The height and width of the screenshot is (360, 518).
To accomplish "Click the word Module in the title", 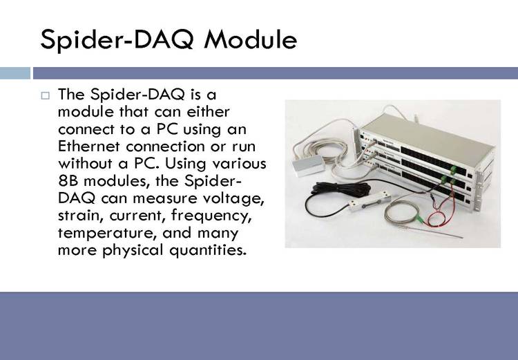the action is (251, 39).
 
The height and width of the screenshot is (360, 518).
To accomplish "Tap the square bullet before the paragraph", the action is (46, 95).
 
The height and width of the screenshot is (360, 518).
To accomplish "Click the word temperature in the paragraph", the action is (107, 233).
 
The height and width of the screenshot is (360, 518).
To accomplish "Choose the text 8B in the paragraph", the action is (68, 181).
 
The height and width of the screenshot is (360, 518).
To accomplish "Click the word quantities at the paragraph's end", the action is (208, 250).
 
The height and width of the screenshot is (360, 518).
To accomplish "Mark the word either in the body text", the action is (208, 112).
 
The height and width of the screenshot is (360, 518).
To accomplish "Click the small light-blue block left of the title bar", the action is (15, 73).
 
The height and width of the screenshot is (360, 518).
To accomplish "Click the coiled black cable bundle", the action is (342, 189).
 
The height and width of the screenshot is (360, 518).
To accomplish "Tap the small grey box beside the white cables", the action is (309, 165).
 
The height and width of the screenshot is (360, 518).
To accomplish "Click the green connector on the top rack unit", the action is (455, 169).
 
